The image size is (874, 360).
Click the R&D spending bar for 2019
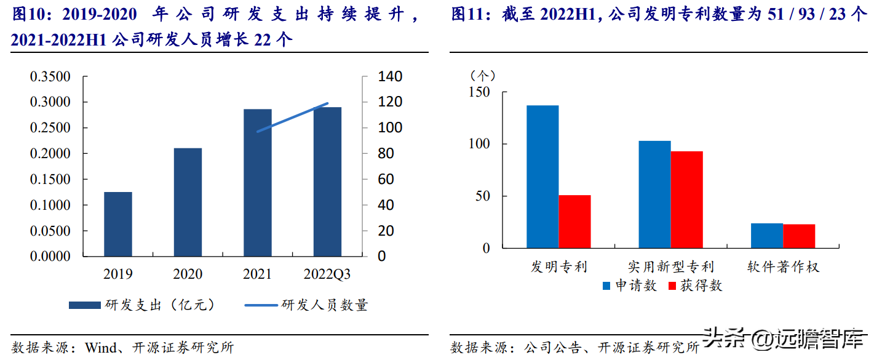117,224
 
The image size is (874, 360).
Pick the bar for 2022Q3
327,182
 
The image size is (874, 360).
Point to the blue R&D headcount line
293,118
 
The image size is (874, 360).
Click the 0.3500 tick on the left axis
50,77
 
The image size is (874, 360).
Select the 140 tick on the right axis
373,77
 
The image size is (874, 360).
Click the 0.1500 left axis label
50,180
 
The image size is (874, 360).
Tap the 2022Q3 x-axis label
327,274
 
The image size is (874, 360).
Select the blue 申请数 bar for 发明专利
542,177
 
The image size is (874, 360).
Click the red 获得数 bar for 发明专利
574,222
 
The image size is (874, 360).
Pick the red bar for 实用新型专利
686,199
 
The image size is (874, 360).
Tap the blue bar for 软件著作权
767,236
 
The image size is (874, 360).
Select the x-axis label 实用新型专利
670,267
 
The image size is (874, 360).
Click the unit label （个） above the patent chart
482,75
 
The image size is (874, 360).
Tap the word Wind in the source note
100,348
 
